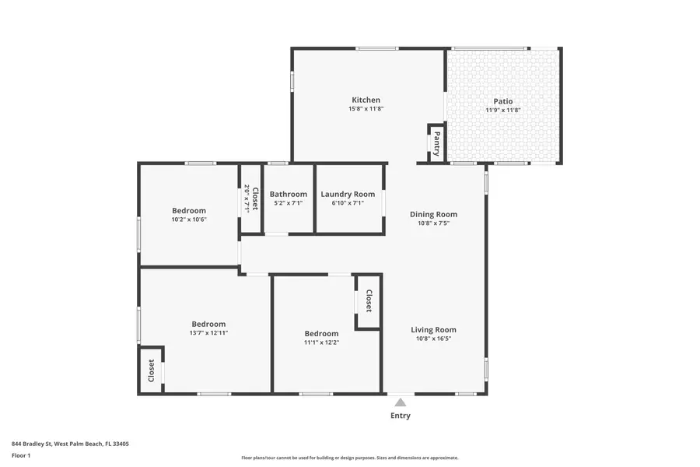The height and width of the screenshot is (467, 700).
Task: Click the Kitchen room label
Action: [366, 100]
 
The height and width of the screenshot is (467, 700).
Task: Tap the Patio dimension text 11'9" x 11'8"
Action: [503, 111]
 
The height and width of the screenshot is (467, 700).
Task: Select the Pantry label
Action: [436, 143]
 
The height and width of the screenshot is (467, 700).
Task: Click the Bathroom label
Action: [289, 194]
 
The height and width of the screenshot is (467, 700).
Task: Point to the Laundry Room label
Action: [348, 194]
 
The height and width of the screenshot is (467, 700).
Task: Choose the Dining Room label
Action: [433, 214]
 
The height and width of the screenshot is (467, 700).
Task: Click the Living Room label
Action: [433, 329]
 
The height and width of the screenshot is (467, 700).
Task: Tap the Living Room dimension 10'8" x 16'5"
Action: [433, 339]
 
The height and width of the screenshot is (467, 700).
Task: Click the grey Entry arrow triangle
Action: [400, 402]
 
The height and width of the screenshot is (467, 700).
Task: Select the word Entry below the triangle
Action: [400, 416]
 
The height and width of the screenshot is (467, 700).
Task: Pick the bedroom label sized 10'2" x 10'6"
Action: [189, 210]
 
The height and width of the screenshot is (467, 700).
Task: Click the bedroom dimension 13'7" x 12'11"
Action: [208, 332]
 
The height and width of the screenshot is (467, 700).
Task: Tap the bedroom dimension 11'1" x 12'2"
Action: [321, 342]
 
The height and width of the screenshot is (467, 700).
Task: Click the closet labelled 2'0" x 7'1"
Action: [250, 198]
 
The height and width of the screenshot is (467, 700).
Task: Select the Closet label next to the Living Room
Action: [369, 300]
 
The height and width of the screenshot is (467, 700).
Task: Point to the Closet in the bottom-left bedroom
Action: [151, 370]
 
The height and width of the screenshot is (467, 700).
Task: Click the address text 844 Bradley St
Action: [70, 444]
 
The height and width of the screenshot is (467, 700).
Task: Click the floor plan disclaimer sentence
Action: [349, 458]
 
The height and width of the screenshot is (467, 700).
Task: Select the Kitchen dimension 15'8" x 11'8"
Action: [366, 109]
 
